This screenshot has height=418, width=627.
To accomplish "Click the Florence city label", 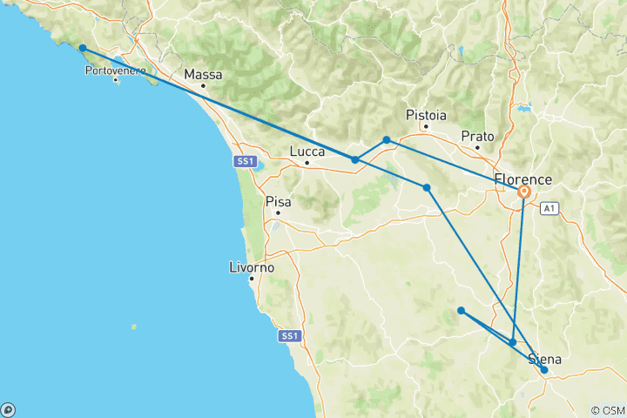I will point(522,179).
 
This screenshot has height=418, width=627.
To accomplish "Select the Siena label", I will point(544,360).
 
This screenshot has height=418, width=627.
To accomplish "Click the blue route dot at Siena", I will point(544,370).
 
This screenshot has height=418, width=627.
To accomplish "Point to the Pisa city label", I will point(278,201).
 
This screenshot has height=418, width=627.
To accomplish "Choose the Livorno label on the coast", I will point(252,267).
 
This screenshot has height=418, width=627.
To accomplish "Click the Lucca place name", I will point(307,152).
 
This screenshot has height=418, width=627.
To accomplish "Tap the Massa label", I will point(203,75).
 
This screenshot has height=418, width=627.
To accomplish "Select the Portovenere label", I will point(115,70).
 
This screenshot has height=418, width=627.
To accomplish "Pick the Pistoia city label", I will point(426,115).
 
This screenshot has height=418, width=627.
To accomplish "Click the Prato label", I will point(478,137).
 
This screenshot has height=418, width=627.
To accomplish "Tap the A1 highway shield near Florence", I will point(549,208).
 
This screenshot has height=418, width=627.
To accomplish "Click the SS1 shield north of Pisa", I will point(244,161).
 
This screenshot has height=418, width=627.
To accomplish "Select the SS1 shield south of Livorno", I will point(289,335).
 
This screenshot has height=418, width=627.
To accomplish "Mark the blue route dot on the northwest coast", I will point(82,49).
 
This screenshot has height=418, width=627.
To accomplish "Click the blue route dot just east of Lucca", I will point(354,159).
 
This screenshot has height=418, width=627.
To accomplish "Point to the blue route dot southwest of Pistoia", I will point(387,139).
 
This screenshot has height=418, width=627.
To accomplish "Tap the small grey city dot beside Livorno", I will point(252,279).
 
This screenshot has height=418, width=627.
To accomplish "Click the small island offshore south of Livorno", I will point(133,327).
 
